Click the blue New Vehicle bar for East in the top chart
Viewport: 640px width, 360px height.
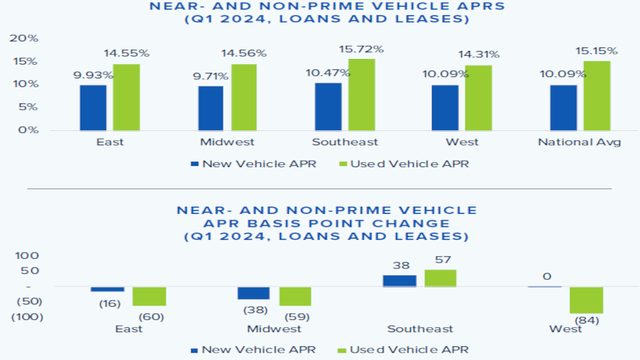93,107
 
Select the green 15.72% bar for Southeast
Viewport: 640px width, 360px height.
361,95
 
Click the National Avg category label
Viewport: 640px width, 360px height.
579,142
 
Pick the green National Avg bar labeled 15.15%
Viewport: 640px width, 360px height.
597,95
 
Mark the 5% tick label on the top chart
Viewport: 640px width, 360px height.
28,107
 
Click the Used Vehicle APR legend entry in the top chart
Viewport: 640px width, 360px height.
404,164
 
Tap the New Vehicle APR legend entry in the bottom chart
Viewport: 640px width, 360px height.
254,350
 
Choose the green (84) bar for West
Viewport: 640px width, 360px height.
586,300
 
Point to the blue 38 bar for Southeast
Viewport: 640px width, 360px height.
399,281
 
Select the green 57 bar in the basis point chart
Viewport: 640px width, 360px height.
441,279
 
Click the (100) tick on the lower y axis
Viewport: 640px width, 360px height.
26,317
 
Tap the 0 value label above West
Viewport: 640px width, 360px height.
546,276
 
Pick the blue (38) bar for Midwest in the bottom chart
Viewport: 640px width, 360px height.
253,293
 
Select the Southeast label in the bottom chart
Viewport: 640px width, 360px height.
420,329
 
